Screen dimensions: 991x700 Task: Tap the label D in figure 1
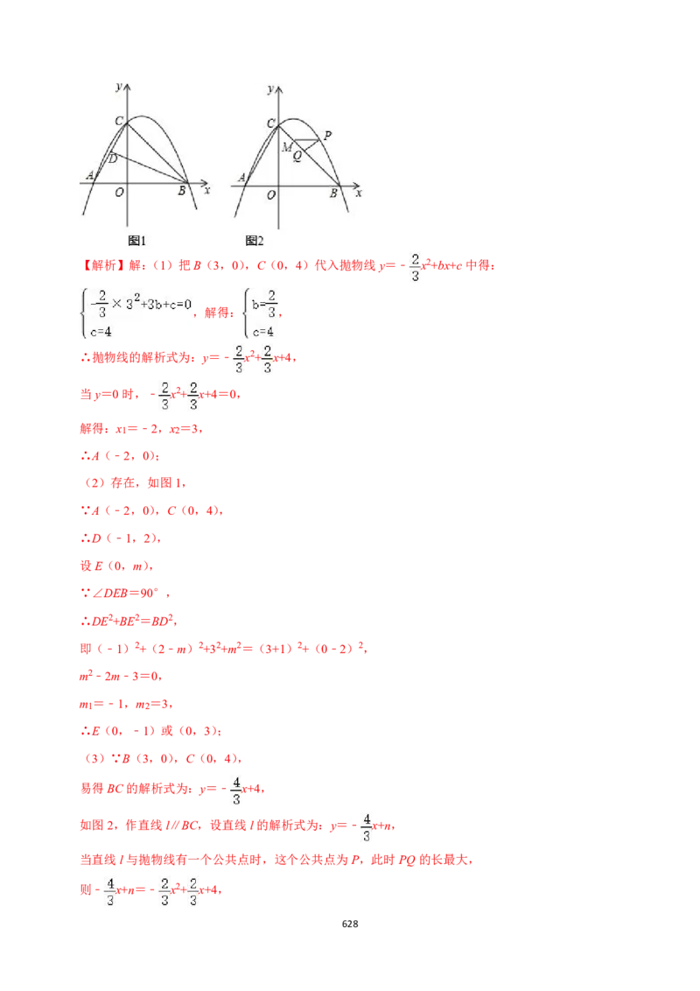tap(112, 158)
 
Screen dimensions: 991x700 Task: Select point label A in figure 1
tap(89, 176)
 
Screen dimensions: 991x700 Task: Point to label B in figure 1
tap(182, 191)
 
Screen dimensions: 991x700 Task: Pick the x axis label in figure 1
tap(206, 189)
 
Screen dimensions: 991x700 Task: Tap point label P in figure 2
tap(327, 136)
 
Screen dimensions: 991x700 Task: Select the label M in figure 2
tap(286, 147)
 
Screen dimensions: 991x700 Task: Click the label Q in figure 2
tap(297, 156)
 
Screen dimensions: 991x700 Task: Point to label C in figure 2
tap(270, 123)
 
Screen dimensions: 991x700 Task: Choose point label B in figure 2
tap(333, 193)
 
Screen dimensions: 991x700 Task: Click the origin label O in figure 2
tap(271, 194)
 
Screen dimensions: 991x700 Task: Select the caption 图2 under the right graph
tap(255, 241)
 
